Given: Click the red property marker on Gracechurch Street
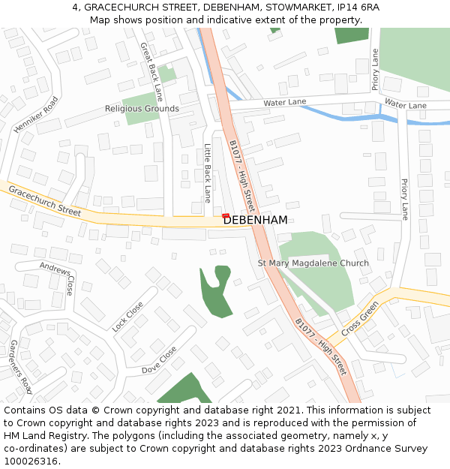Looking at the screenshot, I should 226,216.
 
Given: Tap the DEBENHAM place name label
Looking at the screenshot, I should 256,220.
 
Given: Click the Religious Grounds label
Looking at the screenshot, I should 142,109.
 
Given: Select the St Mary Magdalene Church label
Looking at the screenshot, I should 313,263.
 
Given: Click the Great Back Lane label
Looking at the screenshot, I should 151,71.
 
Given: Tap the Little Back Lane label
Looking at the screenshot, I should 208,173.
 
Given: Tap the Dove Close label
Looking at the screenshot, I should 159,360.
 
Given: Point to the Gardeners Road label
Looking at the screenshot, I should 20,366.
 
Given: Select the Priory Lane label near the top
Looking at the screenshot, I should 375,69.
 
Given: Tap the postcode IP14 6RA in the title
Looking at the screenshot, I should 358,7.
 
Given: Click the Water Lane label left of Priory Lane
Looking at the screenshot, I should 284,102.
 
